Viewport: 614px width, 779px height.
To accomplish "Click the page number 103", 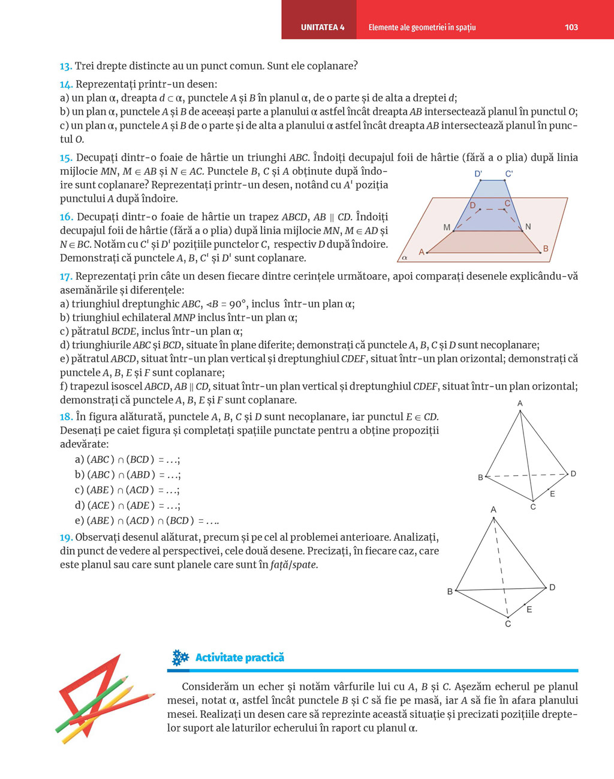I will [571, 27].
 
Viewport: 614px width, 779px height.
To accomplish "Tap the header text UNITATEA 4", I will [323, 27].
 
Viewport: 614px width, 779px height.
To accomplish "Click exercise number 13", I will [65, 66].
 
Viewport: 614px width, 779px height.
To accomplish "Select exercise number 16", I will [66, 217].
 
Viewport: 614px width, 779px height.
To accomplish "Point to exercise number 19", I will [66, 537].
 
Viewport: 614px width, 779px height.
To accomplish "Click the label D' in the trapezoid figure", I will [478, 174].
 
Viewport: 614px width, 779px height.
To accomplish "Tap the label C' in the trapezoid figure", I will [508, 174].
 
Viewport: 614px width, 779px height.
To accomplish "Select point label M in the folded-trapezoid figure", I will [447, 227].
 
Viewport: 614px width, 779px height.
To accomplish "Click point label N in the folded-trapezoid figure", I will [528, 227].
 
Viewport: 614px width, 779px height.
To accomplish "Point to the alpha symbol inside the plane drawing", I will [405, 257].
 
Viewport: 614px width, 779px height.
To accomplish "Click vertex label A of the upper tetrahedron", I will [520, 403].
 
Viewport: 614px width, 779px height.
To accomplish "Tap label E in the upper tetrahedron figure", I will [552, 494].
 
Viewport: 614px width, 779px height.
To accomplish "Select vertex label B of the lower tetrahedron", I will [450, 592].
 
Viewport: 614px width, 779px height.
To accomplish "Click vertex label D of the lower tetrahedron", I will [552, 587].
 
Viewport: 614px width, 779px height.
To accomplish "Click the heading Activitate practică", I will [239, 658].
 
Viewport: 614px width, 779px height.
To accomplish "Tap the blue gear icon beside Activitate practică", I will [180, 658].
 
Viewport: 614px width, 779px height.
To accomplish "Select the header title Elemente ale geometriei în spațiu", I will [422, 27].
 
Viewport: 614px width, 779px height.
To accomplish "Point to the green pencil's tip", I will [127, 678].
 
